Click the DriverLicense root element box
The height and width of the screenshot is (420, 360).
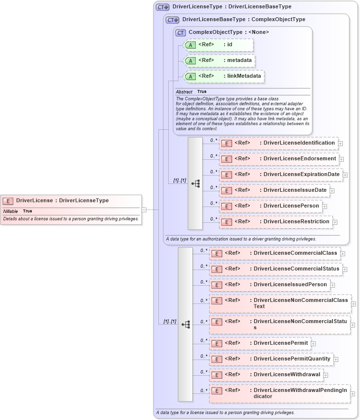[x=71, y=201]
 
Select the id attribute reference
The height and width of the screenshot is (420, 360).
[x=218, y=45]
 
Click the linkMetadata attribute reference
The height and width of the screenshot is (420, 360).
[x=224, y=76]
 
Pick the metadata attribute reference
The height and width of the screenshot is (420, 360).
[x=219, y=60]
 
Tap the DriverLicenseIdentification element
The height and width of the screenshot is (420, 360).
[x=278, y=143]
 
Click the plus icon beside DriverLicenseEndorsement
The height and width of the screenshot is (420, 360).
[x=341, y=159]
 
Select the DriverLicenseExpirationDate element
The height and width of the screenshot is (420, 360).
[x=280, y=175]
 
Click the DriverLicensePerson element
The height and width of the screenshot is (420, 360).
[x=270, y=206]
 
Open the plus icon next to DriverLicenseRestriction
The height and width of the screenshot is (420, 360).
[x=335, y=222]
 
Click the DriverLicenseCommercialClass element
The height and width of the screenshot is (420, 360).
[x=274, y=253]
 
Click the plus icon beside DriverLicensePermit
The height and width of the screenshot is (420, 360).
[x=313, y=343]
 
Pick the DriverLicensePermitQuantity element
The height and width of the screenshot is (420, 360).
[x=271, y=359]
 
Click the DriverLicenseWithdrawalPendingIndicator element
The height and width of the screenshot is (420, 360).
[x=279, y=393]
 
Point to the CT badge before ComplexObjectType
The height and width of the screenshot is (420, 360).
[x=180, y=32]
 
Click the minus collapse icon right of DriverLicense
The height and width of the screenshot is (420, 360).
[x=144, y=210]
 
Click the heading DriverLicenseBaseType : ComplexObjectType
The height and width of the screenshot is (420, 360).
[x=243, y=20]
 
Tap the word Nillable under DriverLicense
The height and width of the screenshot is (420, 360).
[x=10, y=211]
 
